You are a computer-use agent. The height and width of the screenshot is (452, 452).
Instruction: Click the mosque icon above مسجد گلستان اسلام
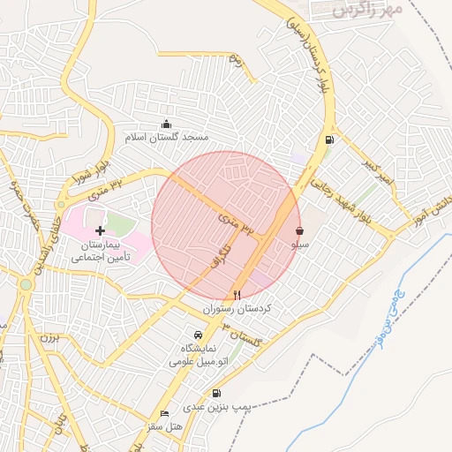click(x=166, y=124)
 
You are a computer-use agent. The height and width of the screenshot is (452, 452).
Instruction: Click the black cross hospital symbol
click(x=99, y=230)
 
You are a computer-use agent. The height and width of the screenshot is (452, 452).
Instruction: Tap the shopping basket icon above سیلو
click(x=300, y=229)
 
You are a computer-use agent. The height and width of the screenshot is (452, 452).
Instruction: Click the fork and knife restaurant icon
click(x=237, y=295)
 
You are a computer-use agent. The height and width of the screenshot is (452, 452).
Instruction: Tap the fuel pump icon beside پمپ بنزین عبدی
click(x=216, y=393)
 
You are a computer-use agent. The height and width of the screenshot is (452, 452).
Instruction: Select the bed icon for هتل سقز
click(x=164, y=413)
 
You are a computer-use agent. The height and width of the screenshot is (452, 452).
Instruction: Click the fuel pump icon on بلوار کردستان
click(x=329, y=139)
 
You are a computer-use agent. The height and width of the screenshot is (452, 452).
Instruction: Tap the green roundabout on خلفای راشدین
click(x=26, y=284)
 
